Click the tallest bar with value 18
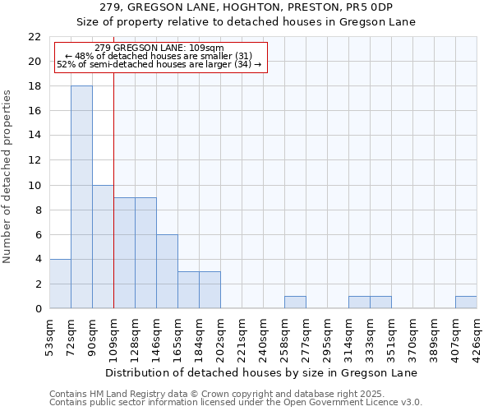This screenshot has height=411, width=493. (81, 197)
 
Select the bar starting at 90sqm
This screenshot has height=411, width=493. (103, 247)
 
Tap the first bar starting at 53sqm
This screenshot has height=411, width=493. (60, 284)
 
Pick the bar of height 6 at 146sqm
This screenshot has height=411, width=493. (167, 271)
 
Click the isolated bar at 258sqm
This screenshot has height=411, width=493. (295, 302)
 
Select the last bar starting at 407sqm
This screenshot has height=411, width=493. (466, 302)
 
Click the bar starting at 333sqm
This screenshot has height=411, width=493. (380, 302)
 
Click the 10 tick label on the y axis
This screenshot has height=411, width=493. (35, 185)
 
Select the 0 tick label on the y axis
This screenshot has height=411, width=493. (38, 309)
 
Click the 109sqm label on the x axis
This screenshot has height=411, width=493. (113, 335)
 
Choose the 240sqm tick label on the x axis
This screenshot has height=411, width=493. (263, 335)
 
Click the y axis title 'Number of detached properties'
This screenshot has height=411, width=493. (7, 177)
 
